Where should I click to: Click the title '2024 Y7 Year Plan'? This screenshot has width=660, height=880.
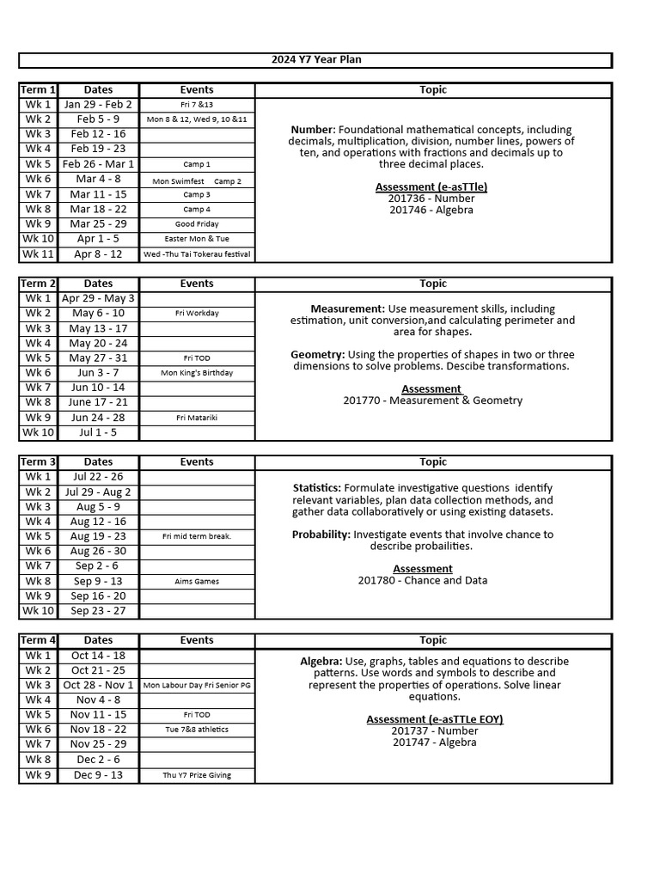[315, 59]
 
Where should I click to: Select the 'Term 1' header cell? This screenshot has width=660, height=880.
[38, 89]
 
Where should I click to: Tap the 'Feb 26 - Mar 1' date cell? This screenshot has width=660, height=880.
[98, 164]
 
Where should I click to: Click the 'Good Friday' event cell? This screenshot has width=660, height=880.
[197, 224]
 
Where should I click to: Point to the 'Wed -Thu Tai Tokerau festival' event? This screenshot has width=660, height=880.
[197, 254]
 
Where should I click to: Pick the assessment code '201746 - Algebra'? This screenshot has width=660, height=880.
[431, 210]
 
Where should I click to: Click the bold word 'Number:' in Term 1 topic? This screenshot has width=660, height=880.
[313, 130]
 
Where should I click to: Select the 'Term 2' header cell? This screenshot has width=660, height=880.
[38, 284]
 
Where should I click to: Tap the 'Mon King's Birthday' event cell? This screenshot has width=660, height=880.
[197, 373]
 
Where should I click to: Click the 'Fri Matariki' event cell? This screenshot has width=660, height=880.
[197, 418]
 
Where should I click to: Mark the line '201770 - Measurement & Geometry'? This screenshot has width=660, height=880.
[432, 400]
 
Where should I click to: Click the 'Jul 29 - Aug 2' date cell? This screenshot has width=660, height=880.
[98, 492]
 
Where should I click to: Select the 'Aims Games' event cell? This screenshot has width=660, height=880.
[197, 582]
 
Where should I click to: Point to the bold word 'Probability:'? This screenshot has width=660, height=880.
[321, 535]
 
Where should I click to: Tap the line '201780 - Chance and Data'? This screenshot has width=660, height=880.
[423, 580]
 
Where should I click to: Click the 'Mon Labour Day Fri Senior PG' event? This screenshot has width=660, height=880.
[197, 686]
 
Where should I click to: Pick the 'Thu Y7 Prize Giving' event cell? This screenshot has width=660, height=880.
[197, 775]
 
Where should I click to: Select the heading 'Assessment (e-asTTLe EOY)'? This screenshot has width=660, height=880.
[435, 719]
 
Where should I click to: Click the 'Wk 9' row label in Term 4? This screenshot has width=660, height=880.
[38, 775]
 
